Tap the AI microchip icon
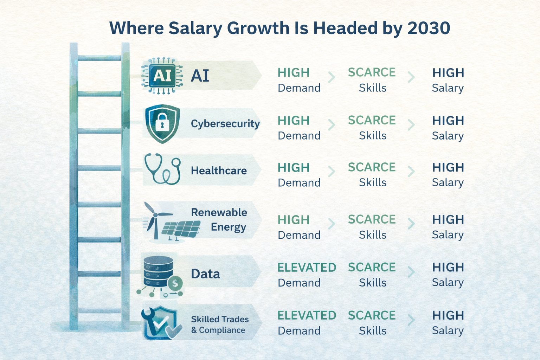(162, 76)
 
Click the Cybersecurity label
(225, 124)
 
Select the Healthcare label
(219, 171)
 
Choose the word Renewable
(219, 212)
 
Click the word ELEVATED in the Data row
(307, 268)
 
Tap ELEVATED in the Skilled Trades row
(307, 315)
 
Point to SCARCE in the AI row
(372, 72)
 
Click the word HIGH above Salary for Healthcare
(448, 167)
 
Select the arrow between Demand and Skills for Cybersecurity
(331, 125)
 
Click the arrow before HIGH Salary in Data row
(411, 272)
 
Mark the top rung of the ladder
(99, 58)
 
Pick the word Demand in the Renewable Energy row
(299, 235)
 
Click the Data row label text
(205, 274)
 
